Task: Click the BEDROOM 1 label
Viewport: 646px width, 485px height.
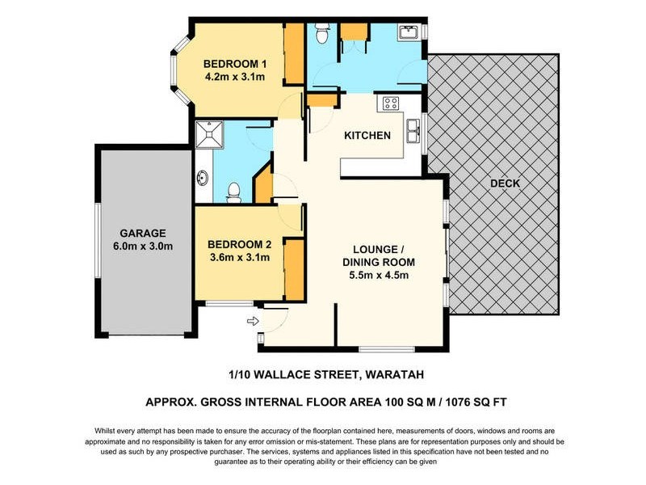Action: point(234,64)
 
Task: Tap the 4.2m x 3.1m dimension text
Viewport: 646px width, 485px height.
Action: point(234,78)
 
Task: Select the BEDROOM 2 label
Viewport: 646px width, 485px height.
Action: point(239,244)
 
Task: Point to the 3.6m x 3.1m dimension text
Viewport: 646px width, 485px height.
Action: point(239,258)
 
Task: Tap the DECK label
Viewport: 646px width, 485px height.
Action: point(505,183)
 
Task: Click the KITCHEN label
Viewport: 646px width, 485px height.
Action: point(367,135)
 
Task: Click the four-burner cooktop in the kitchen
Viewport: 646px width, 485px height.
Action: point(392,103)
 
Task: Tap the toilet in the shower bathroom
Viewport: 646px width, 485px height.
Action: point(234,192)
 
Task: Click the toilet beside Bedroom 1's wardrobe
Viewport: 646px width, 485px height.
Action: point(321,33)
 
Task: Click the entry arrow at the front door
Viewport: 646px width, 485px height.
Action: point(252,322)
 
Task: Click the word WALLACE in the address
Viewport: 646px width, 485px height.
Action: point(287,375)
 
